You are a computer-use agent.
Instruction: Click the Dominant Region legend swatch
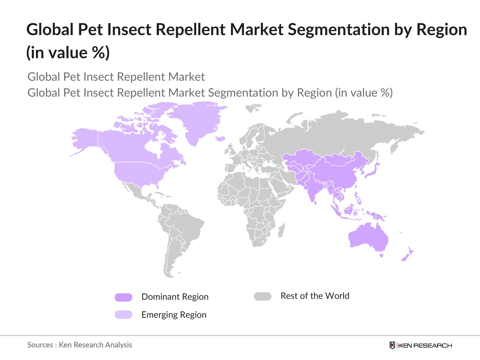tap(123, 297)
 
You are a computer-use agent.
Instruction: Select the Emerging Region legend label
tap(174, 315)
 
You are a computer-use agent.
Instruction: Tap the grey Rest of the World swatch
tap(262, 296)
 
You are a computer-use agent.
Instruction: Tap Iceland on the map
tap(220, 139)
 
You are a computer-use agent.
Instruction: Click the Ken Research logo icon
tap(392, 345)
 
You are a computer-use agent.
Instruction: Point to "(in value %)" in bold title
tap(68, 53)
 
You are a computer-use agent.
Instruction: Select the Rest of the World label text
tap(315, 296)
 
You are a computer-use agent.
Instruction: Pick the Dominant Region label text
tap(175, 297)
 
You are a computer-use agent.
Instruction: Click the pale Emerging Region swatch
tap(123, 314)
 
